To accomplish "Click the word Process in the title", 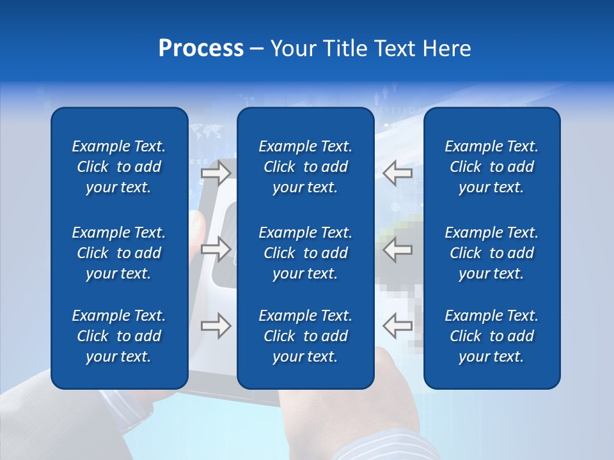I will tap(201, 49).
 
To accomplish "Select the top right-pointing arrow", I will tap(216, 172).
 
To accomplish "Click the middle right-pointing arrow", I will tap(216, 249).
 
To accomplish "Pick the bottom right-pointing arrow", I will tap(216, 326).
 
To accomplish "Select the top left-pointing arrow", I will tap(397, 172).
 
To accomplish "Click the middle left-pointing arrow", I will tap(397, 249).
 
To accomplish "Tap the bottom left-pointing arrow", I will tap(397, 326).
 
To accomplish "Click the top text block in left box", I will tap(119, 167).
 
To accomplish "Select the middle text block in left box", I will tap(119, 253).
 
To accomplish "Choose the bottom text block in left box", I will tap(119, 336).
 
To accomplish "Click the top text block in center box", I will tap(306, 167).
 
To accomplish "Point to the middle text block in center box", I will tap(306, 253).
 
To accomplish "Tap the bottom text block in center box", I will tap(306, 336).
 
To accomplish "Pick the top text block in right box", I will tap(492, 167).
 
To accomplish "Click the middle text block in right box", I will tap(492, 253).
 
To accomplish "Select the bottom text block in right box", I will tap(492, 336).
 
